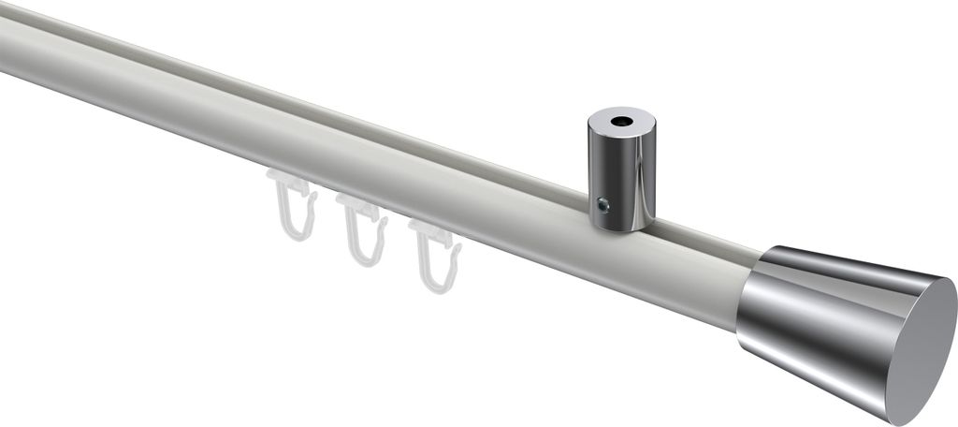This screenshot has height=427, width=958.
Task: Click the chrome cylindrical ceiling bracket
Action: click(621, 173)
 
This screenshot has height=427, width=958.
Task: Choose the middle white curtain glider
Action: click(361, 228)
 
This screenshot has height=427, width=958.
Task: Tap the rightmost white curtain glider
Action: click(433, 254)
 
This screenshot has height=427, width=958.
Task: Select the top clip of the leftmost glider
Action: click(284, 180)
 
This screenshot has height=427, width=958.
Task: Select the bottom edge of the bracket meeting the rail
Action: click(621, 228)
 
